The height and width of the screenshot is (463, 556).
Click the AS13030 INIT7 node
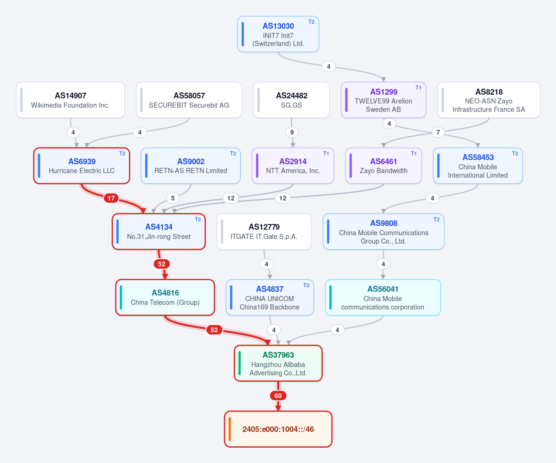coord(278,34)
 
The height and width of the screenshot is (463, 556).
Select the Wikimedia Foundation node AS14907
coord(70,100)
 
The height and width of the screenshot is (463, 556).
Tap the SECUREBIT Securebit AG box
coord(189,100)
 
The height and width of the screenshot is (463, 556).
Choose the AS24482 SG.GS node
coord(292,100)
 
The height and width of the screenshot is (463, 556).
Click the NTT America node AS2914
coord(293,166)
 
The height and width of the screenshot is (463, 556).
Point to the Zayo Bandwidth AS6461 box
coord(383,166)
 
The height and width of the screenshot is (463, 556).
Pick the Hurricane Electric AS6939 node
coord(82,166)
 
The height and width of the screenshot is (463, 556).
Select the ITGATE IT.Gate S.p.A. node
coord(264,231)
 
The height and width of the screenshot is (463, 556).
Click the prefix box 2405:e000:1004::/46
coord(278,429)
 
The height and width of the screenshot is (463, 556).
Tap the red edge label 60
coord(278,396)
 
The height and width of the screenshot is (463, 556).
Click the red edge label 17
coord(111,198)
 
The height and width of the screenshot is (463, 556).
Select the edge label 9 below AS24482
coord(292,132)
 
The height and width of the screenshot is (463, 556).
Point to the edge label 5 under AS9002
coord(173,198)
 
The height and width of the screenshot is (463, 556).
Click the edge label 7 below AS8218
coord(438,132)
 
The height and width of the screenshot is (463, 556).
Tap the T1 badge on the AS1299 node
coord(418,88)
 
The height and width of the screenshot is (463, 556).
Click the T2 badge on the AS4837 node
coord(307,285)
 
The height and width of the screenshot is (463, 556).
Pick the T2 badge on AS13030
coord(311,22)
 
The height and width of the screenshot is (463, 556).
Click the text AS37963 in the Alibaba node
coord(278,355)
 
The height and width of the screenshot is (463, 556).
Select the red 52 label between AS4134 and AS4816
coord(162,264)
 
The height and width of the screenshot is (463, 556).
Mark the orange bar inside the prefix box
coord(230,429)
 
